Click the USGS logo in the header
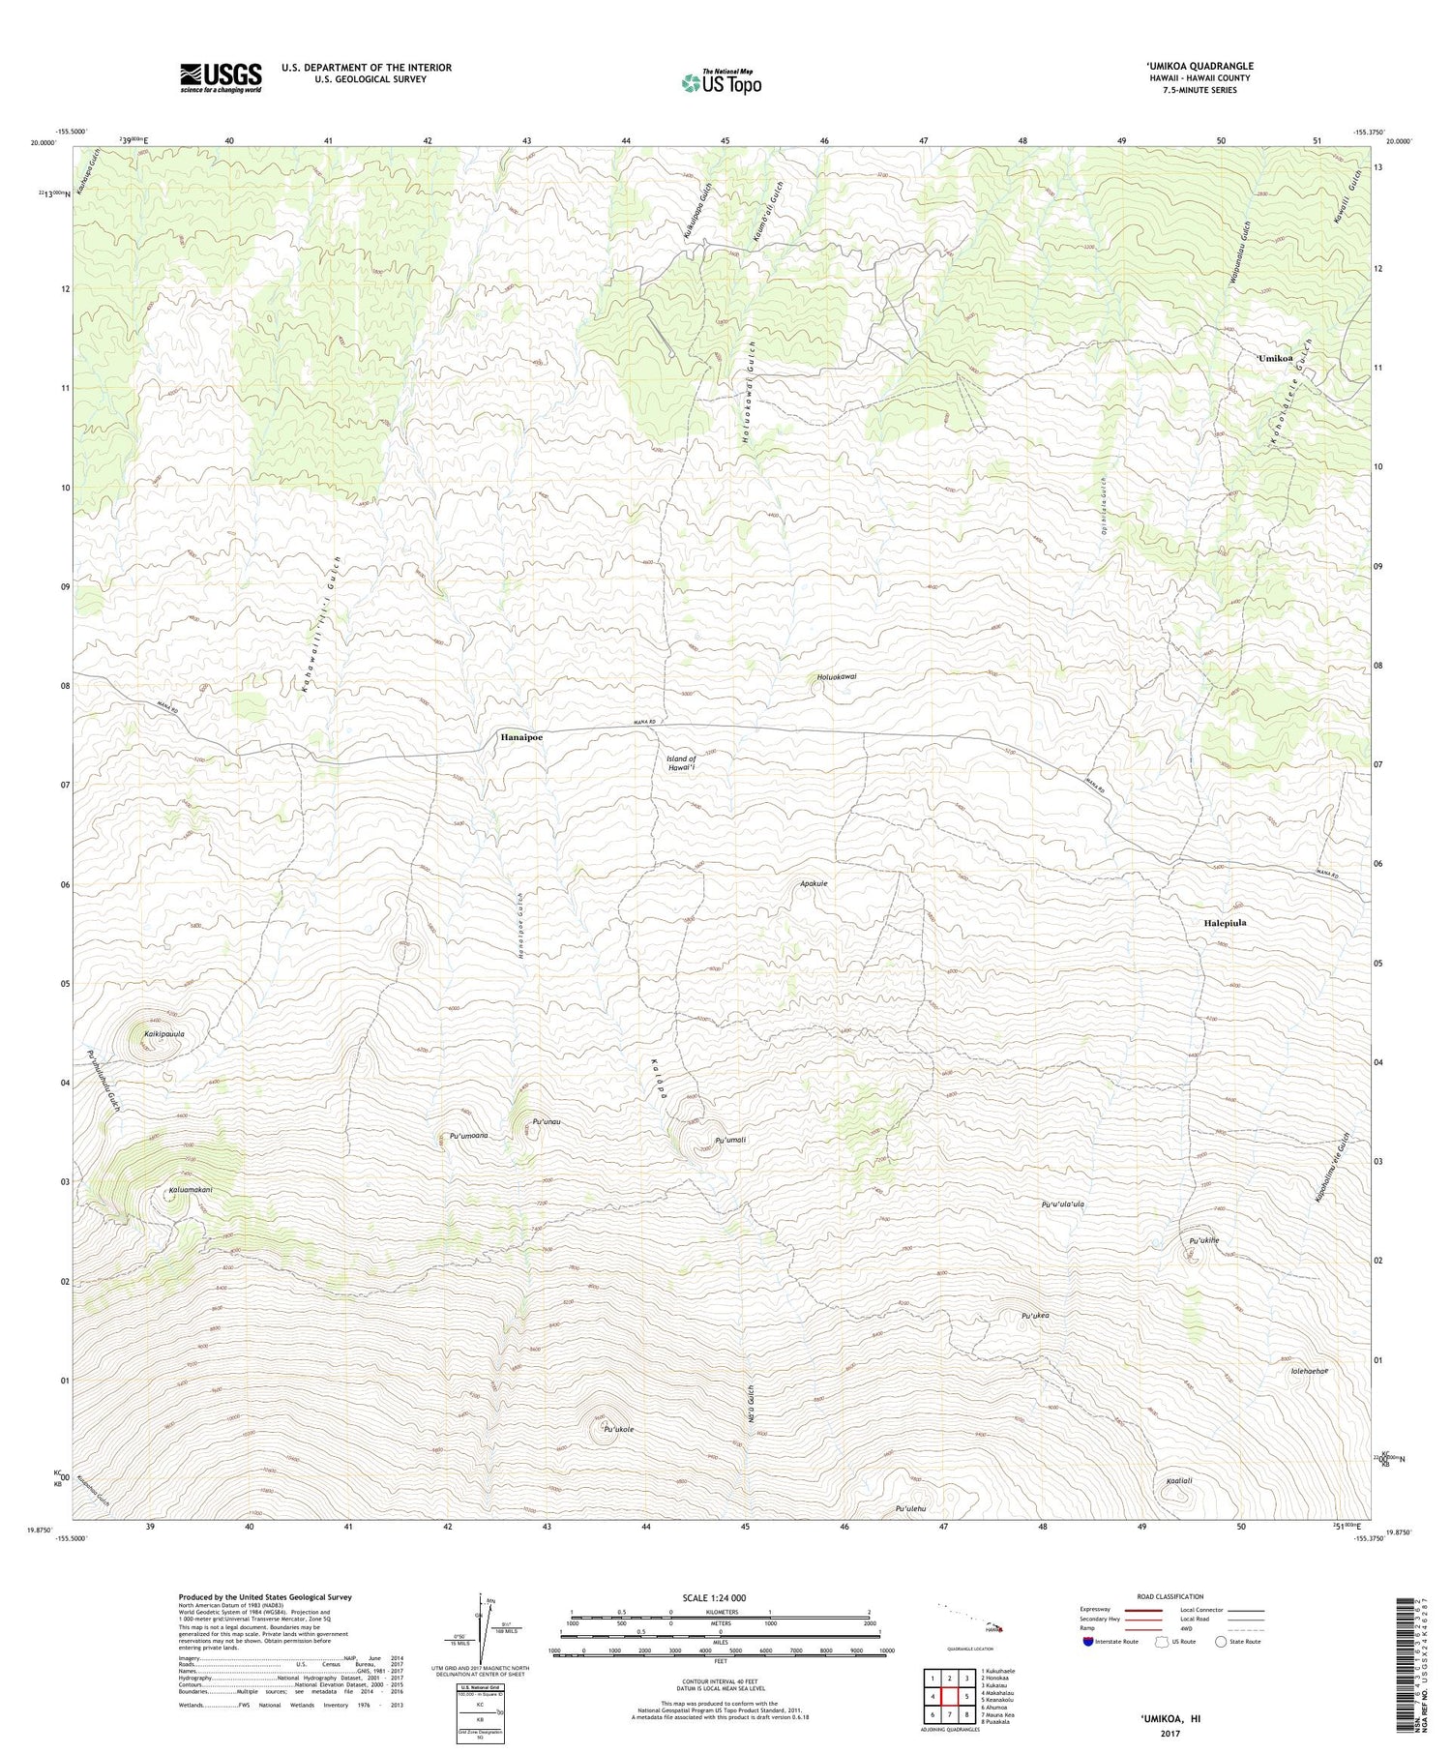pos(220,77)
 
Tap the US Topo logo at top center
pos(721,82)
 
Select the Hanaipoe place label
pos(521,737)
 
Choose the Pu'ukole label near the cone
pos(618,1429)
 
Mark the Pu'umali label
pos(729,1141)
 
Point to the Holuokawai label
pos(837,677)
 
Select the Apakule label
pos(814,883)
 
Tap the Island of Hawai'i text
pos(681,764)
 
